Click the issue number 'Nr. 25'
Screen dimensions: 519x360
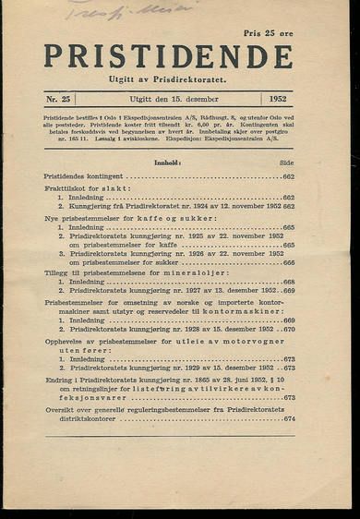(x=62, y=97)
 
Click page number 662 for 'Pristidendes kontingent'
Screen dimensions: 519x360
(x=288, y=175)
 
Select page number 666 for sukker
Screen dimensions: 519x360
(x=289, y=261)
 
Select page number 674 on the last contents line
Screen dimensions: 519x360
(x=289, y=418)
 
